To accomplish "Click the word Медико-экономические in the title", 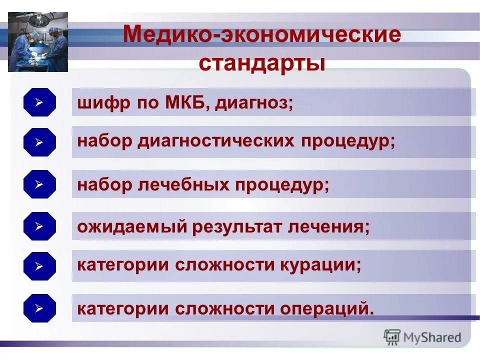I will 261,35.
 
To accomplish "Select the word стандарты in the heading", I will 262,63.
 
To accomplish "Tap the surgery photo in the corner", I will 38,42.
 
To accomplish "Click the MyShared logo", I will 422,337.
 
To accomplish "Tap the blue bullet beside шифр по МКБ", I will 39,102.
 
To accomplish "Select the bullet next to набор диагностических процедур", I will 39,142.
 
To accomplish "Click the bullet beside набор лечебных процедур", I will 39,184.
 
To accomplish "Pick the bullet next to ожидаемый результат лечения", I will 39,226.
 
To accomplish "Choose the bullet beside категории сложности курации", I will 39,265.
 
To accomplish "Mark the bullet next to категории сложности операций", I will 39,308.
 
